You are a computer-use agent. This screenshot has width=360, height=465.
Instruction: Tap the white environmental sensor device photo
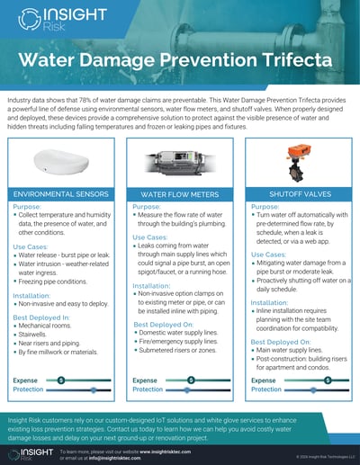[62, 158]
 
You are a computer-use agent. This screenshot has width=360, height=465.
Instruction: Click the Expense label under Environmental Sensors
[25, 380]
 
